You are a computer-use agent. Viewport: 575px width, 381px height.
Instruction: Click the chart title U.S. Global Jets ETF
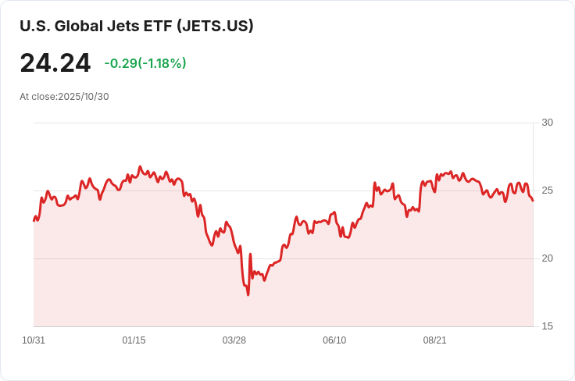96,26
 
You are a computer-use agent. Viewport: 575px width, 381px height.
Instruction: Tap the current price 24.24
55,63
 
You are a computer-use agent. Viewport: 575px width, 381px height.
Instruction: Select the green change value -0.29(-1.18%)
145,63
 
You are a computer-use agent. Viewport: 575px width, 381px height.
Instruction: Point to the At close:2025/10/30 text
64,97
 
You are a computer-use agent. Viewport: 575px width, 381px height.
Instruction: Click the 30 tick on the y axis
547,123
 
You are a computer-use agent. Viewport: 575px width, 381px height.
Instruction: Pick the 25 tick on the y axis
547,190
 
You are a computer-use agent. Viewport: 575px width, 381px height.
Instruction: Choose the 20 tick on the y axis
547,258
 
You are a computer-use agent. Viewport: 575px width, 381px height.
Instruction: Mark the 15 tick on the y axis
547,326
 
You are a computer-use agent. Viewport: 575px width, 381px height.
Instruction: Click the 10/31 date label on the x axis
34,340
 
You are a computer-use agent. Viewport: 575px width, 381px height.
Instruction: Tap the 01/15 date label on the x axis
134,340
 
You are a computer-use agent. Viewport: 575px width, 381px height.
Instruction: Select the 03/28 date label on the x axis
234,340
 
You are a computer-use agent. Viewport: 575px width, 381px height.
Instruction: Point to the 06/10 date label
334,340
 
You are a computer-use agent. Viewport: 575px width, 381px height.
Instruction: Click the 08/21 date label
434,340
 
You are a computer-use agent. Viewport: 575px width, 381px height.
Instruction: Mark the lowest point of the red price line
248,295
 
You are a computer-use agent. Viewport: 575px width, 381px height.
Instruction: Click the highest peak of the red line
140,166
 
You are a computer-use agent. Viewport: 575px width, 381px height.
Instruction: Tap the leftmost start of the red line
34,220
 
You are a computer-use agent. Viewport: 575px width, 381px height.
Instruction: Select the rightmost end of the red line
533,201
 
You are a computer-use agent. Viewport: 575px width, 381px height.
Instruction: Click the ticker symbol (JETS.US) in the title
215,26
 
